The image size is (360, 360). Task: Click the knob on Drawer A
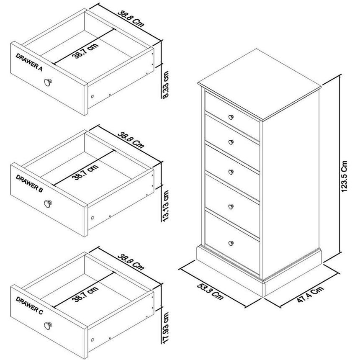point(50,82)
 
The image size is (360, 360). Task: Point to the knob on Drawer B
point(49,203)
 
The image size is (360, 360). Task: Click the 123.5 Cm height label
point(344,176)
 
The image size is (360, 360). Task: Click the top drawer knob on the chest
point(230,116)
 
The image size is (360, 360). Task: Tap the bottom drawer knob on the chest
point(230,243)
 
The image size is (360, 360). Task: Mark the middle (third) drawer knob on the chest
point(230,171)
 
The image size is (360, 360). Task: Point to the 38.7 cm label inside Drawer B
point(86,171)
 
